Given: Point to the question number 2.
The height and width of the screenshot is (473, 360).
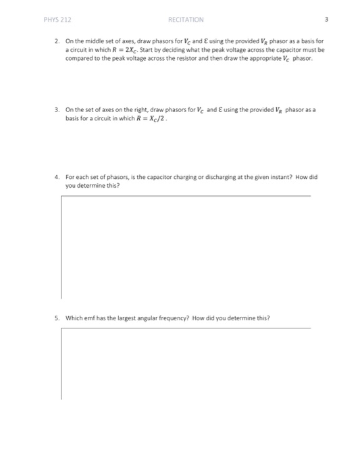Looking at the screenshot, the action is pyautogui.click(x=57, y=41).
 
